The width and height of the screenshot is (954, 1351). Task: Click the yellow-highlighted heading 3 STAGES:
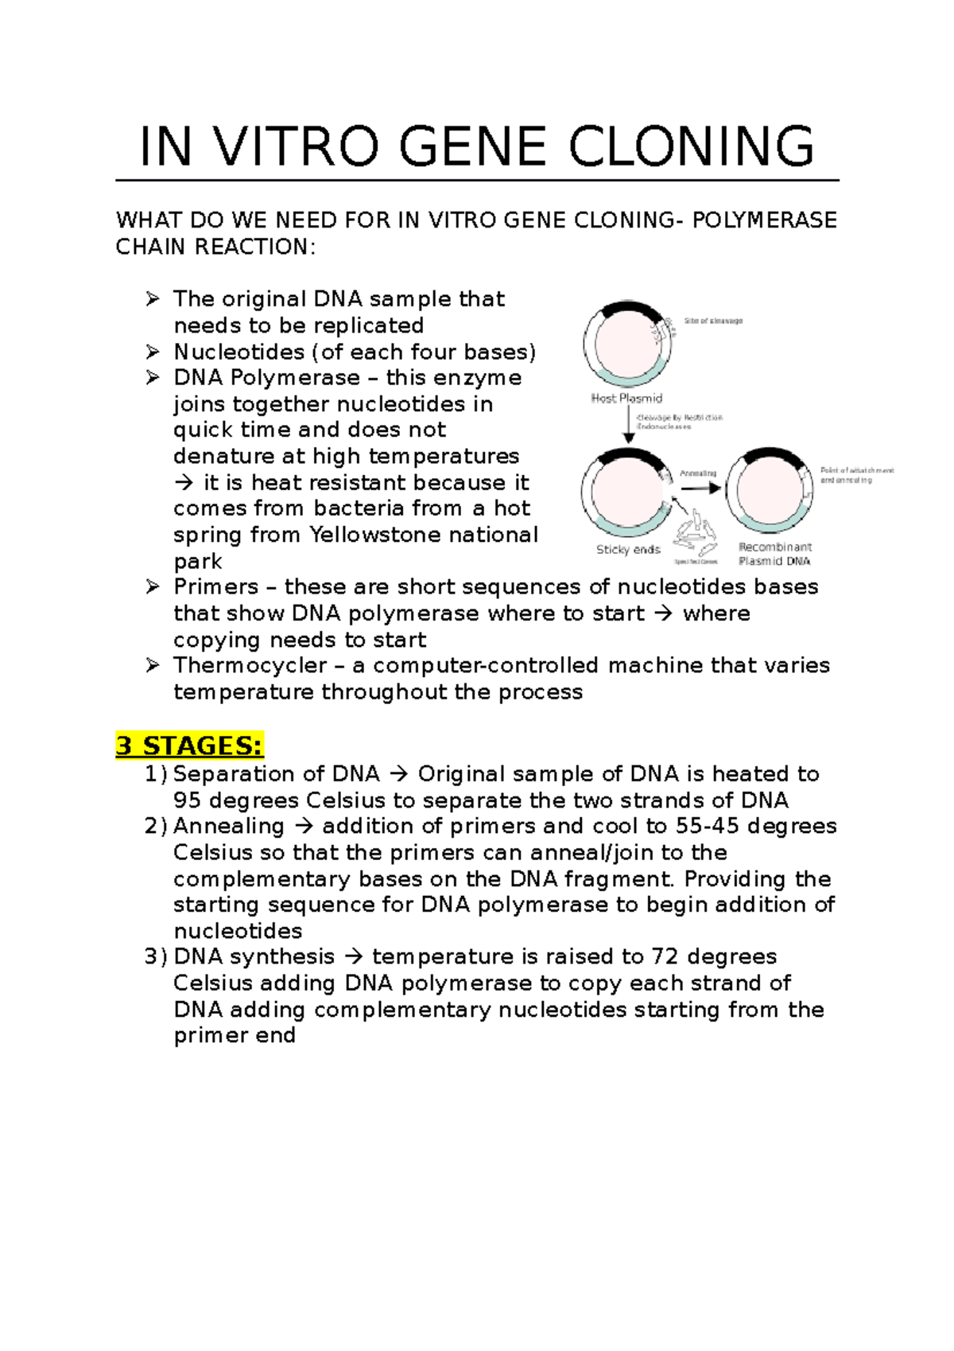coord(189,746)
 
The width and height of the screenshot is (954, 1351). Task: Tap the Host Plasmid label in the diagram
coord(626,398)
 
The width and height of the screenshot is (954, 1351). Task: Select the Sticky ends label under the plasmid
coord(628,549)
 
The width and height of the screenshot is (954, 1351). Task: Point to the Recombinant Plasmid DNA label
coord(775,554)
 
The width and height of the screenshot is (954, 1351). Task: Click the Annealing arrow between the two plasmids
coord(700,487)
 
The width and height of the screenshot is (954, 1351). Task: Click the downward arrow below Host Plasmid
coord(628,425)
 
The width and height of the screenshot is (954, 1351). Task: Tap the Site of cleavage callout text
coord(713,321)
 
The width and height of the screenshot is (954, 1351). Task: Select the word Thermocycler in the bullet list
coord(250,665)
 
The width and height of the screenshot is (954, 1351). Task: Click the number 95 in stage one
coord(187,800)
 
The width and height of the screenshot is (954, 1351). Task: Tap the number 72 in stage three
coord(665,956)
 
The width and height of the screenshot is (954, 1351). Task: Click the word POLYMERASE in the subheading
coord(764,220)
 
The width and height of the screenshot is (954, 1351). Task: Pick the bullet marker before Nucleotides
coord(153,352)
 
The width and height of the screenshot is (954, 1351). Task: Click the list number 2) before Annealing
coord(156,826)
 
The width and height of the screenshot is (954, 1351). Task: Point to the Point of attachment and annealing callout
coord(856,475)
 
